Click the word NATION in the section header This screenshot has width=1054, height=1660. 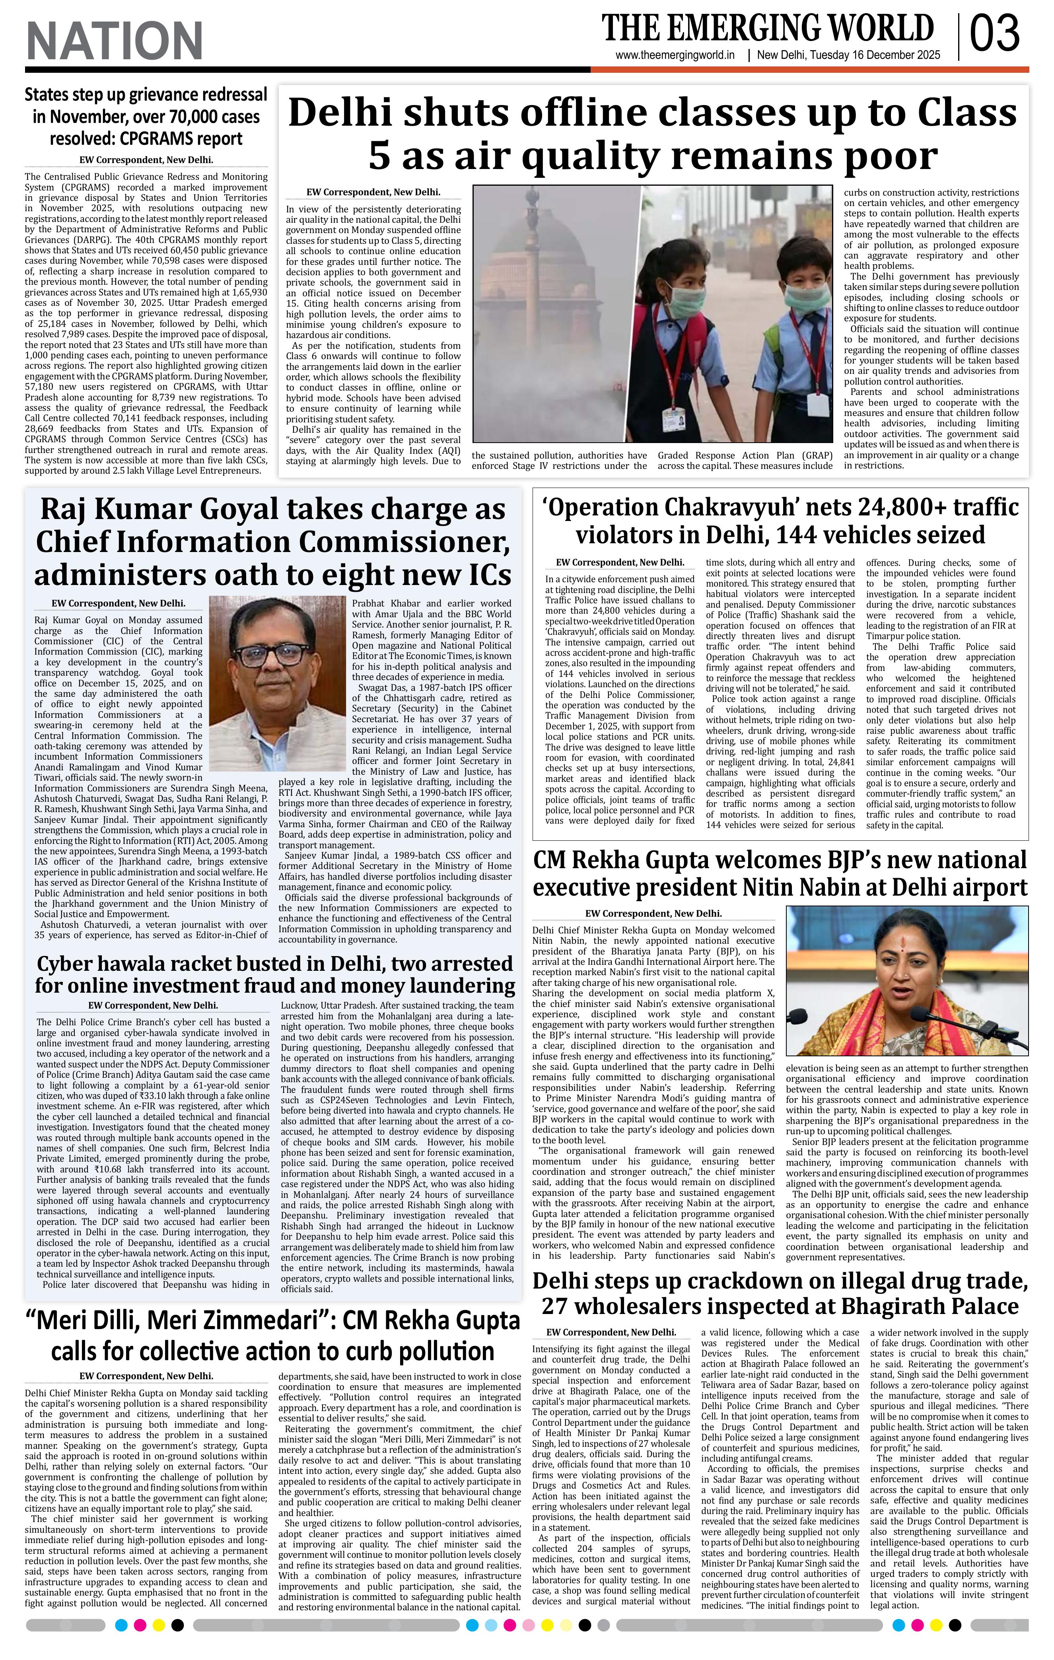[x=115, y=41]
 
